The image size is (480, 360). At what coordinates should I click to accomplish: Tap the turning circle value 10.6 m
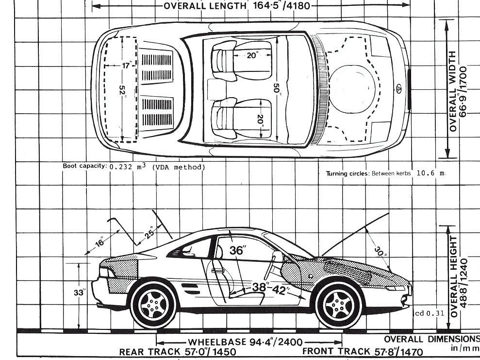point(430,173)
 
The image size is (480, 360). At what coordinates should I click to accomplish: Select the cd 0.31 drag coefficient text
point(430,313)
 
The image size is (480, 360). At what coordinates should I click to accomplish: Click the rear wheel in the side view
point(153,304)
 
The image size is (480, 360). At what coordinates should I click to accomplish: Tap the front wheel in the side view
point(338,304)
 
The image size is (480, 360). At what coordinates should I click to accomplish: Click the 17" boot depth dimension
point(127,65)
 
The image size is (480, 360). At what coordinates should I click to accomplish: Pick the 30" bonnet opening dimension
point(379,252)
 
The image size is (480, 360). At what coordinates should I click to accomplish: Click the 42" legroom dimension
point(279,291)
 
